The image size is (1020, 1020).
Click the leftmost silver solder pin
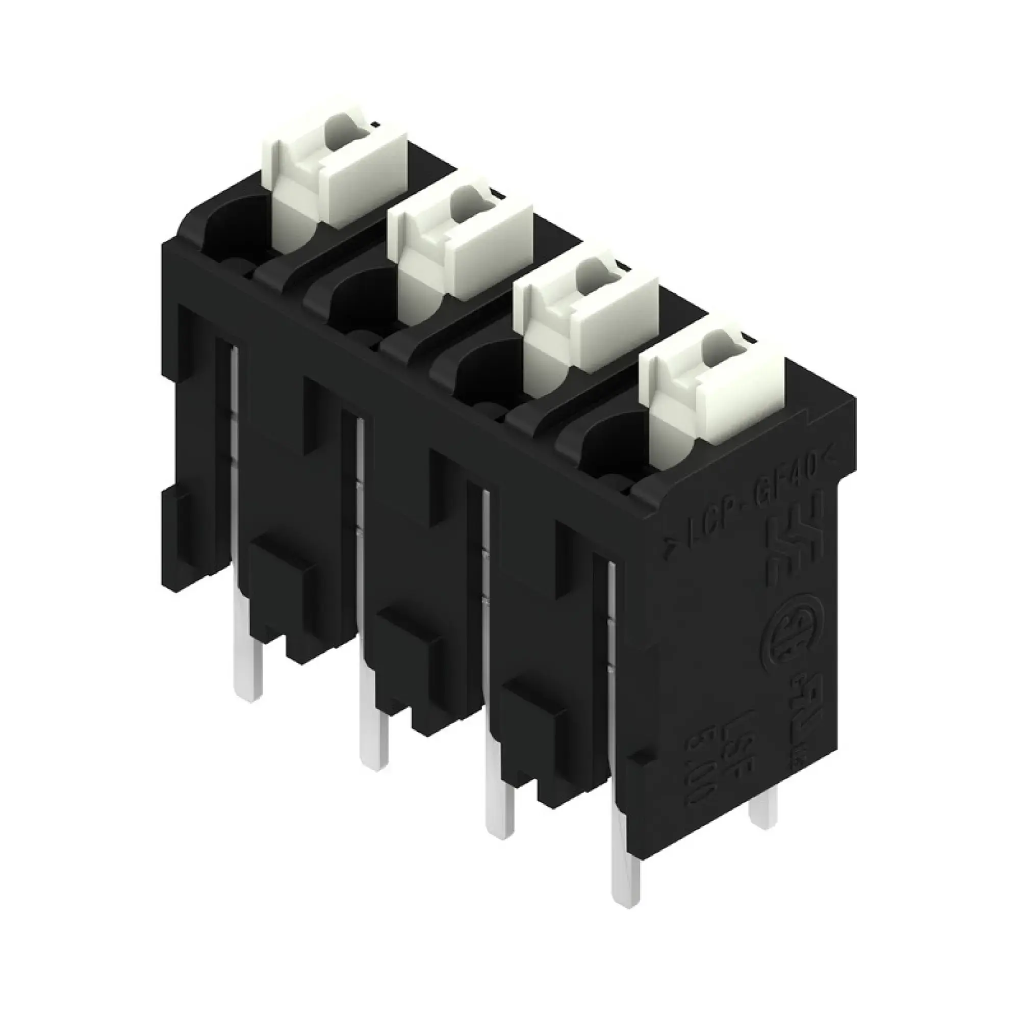(248, 665)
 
